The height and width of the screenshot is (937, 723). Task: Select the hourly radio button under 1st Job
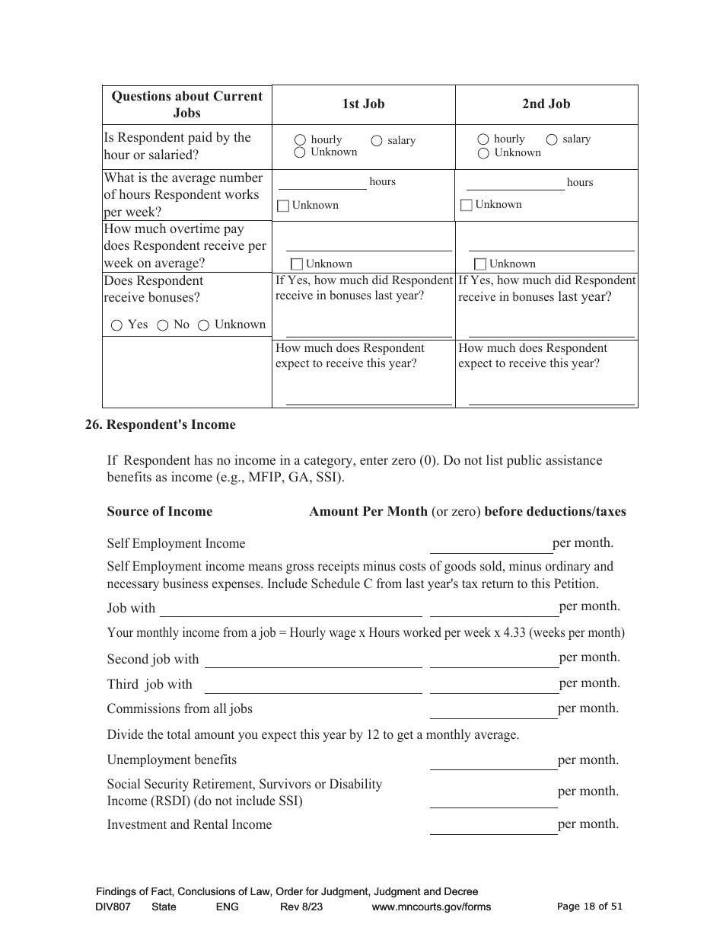click(300, 140)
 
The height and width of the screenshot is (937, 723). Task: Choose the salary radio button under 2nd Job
click(552, 139)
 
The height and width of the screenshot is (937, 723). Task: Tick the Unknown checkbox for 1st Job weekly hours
click(283, 206)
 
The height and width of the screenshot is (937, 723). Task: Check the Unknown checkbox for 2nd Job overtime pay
click(480, 264)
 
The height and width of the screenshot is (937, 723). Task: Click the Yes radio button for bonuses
click(116, 325)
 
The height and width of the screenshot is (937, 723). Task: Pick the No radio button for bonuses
click(163, 325)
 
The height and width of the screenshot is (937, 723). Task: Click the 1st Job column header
click(363, 104)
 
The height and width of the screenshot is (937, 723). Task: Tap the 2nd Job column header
click(546, 104)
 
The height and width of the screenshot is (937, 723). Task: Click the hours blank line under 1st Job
click(323, 183)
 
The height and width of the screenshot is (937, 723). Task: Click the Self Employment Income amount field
click(491, 545)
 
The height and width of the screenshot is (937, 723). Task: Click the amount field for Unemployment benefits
click(493, 761)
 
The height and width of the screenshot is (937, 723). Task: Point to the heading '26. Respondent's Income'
click(161, 425)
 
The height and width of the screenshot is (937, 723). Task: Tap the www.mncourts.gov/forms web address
click(431, 907)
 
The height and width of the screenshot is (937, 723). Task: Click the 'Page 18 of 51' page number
click(590, 907)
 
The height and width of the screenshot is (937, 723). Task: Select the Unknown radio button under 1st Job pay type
click(300, 152)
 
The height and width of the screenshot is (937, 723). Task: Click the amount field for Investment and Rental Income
click(493, 826)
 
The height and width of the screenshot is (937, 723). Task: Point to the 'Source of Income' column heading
click(160, 512)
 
